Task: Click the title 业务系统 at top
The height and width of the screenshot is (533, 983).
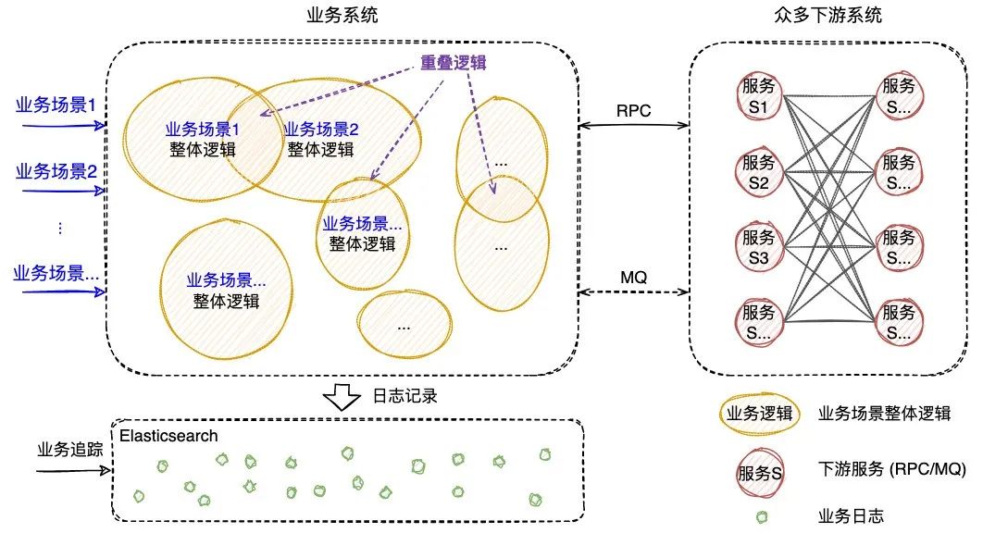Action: coord(342,16)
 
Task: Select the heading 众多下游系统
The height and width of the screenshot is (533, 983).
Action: coord(827,16)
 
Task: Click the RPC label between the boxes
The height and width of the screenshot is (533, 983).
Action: coord(634,110)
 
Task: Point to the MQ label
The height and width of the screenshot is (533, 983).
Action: coord(633,277)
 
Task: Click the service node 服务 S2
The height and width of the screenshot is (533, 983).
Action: coord(759,172)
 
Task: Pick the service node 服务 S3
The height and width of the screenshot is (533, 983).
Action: coord(759,247)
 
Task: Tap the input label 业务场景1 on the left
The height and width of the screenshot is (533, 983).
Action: coord(56,105)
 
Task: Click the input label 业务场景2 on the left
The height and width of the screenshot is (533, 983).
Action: coord(56,171)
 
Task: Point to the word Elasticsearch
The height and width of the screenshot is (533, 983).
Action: coord(168,436)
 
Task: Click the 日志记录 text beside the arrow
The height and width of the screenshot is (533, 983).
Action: coord(404,396)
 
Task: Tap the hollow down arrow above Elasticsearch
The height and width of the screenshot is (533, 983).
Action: coord(342,397)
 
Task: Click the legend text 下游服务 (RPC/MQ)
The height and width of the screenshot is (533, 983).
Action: coord(892,471)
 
